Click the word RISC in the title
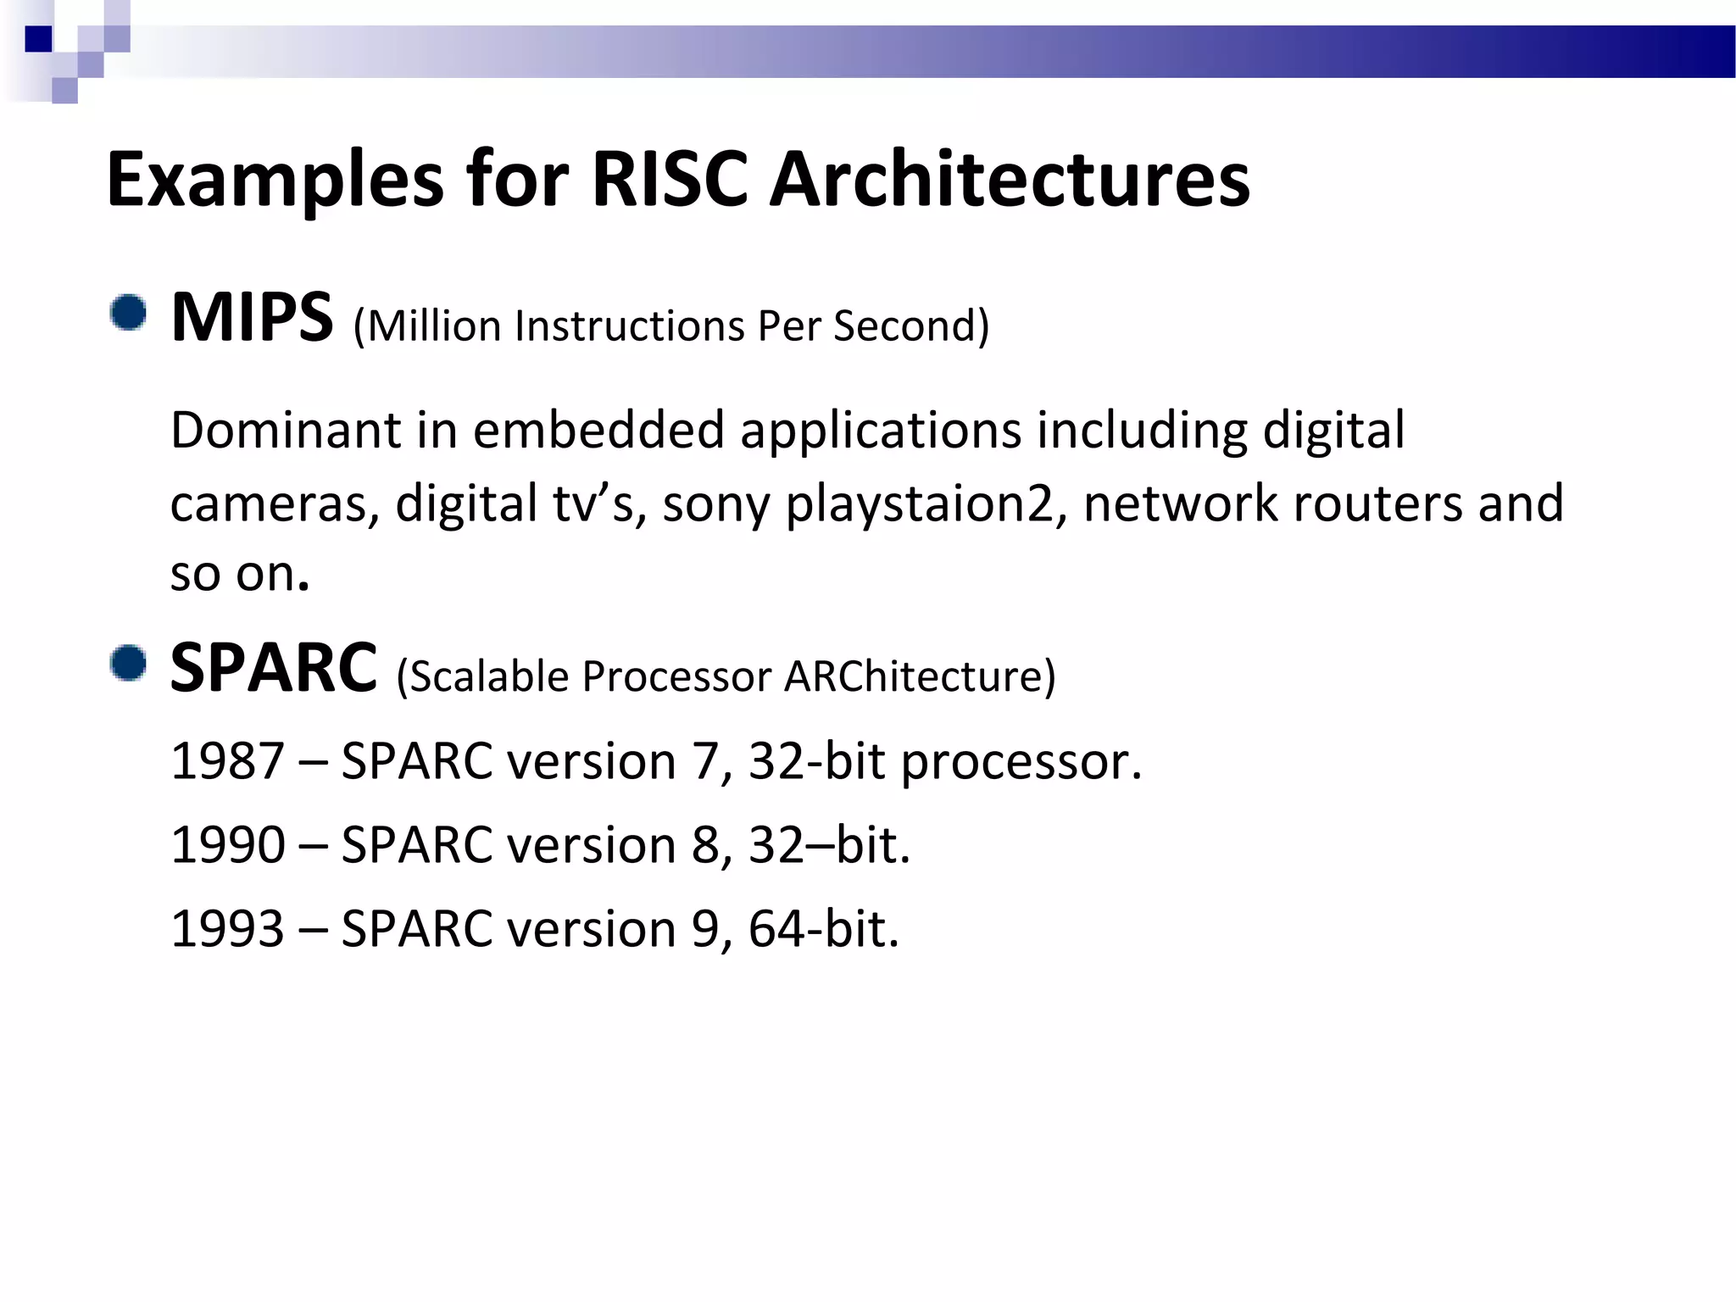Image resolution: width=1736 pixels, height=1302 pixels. tap(669, 180)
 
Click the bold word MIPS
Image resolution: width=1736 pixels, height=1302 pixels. tap(252, 318)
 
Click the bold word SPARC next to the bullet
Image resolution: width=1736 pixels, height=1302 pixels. tap(273, 669)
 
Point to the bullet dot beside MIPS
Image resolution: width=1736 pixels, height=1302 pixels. tap(128, 313)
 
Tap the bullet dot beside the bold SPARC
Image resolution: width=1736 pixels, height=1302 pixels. tap(128, 663)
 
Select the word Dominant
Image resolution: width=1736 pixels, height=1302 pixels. tap(285, 430)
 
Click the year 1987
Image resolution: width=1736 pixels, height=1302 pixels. tap(226, 761)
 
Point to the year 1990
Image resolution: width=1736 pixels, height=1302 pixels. tap(226, 845)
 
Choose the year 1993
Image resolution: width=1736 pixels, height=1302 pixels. tap(226, 929)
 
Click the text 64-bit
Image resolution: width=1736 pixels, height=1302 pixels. tap(822, 929)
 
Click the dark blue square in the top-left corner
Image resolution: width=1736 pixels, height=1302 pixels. tap(39, 39)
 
